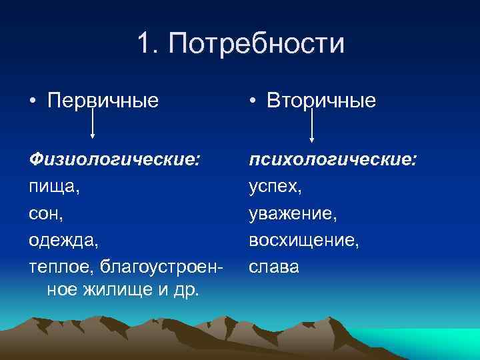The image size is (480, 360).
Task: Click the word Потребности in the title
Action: [x=257, y=45]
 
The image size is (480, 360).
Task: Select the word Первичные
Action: [x=103, y=101]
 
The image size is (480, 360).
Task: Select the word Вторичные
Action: [x=321, y=101]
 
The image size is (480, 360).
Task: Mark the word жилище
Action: [x=119, y=290]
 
